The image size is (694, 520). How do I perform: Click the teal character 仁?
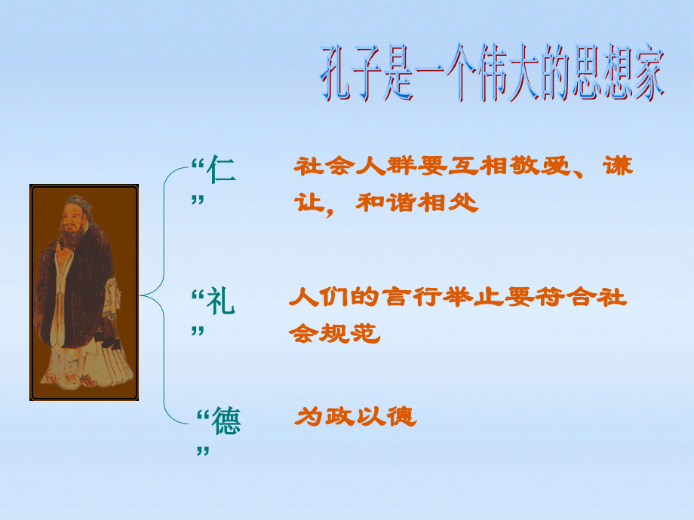coord(221,169)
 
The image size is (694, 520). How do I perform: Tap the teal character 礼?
coord(221,301)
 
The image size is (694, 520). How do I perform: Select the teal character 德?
coord(226,421)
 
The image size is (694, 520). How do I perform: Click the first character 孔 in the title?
coord(336,72)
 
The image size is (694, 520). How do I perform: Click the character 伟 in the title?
coord(493,72)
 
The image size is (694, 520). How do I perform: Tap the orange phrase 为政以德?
coord(356,417)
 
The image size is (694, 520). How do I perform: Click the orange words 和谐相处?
coord(417,203)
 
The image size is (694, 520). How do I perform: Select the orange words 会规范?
coord(335,333)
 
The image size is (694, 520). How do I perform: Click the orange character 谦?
coord(618,166)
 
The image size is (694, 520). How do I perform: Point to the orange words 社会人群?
coord(355,166)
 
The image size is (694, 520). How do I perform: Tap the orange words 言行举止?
coord(442,296)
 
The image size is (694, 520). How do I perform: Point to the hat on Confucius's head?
coord(78,203)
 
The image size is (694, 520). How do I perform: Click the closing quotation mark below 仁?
coord(198,200)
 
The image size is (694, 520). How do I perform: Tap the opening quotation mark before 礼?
coord(198,295)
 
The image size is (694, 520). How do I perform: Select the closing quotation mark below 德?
coord(203,451)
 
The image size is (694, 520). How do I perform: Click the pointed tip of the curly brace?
coord(140,295)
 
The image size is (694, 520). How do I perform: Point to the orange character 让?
coord(309,203)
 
